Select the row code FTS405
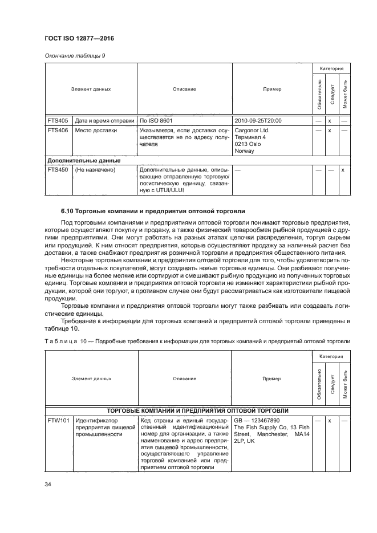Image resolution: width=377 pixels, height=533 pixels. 58,121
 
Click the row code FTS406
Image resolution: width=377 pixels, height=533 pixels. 58,130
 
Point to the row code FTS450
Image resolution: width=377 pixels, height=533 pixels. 58,170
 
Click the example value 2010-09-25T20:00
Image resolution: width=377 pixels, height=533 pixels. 258,121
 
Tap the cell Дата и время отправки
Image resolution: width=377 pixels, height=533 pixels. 105,121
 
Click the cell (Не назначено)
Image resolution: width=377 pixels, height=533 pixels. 95,170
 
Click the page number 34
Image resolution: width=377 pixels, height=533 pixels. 48,485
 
